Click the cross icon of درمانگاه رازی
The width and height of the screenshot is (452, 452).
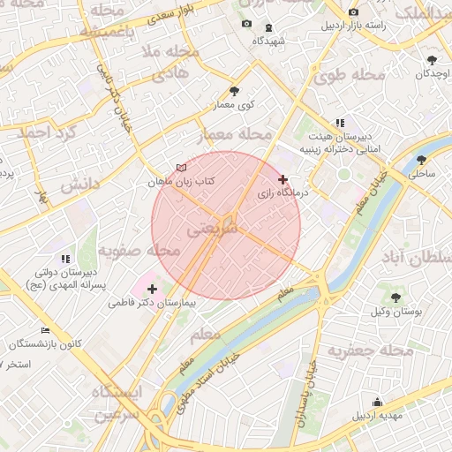point(282,179)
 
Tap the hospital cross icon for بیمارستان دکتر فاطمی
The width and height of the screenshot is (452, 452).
point(152,289)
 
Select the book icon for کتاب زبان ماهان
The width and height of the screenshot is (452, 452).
point(182,168)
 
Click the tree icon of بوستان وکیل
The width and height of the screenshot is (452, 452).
point(395,298)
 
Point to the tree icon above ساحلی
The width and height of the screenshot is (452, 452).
point(420,161)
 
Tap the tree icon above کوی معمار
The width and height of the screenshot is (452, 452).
point(234,91)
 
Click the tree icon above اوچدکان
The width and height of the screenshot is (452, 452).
point(431,60)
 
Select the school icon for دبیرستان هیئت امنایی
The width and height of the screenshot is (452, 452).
point(339,124)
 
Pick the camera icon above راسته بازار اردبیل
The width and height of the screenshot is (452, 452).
point(353,12)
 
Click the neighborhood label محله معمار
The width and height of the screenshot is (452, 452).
point(242,134)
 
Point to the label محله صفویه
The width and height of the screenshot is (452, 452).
point(139,252)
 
